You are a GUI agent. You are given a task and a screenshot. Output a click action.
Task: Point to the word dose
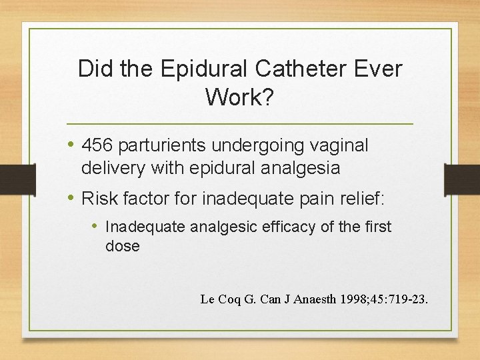pos(123,246)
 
